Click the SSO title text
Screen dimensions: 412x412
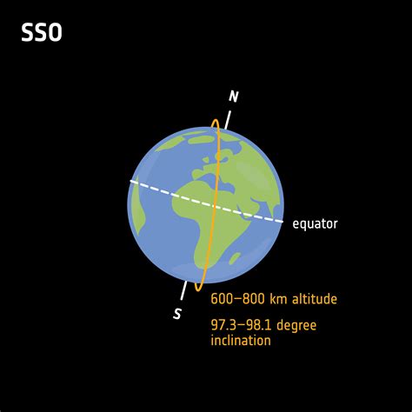pos(41,35)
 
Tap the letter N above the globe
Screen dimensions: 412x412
pos(233,96)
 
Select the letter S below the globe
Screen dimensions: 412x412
pos(177,314)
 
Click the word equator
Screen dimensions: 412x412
pos(315,224)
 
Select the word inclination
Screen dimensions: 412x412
pos(241,340)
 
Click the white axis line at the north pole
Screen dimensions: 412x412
pos(229,117)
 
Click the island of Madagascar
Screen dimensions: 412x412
pos(234,257)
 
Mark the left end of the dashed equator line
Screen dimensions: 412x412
pos(131,181)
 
